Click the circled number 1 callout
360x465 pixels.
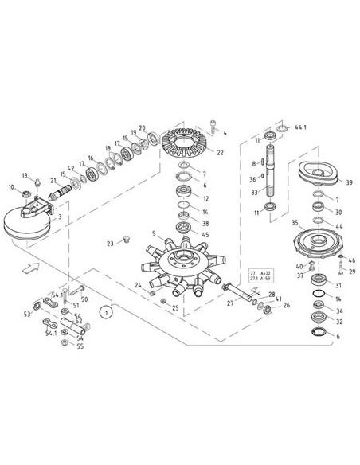tap(104, 313)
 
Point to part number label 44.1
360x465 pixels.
tap(300, 127)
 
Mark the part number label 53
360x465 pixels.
tap(26, 314)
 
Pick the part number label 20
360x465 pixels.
tap(142, 128)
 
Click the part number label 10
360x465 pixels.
tap(11, 187)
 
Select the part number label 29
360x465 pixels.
tap(351, 272)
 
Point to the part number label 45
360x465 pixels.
tap(206, 234)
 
